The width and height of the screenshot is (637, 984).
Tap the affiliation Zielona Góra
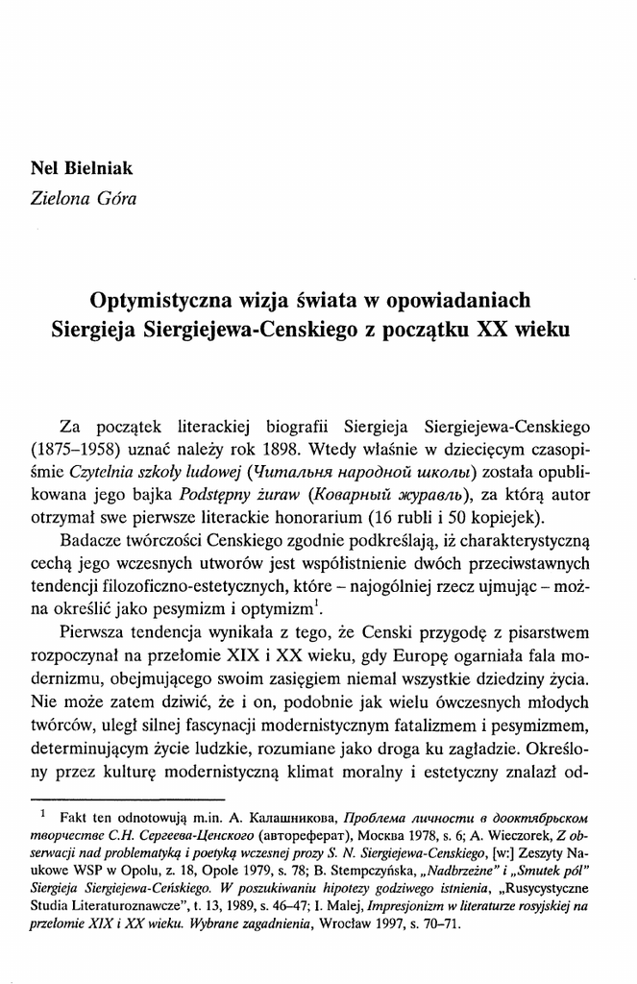(x=85, y=199)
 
